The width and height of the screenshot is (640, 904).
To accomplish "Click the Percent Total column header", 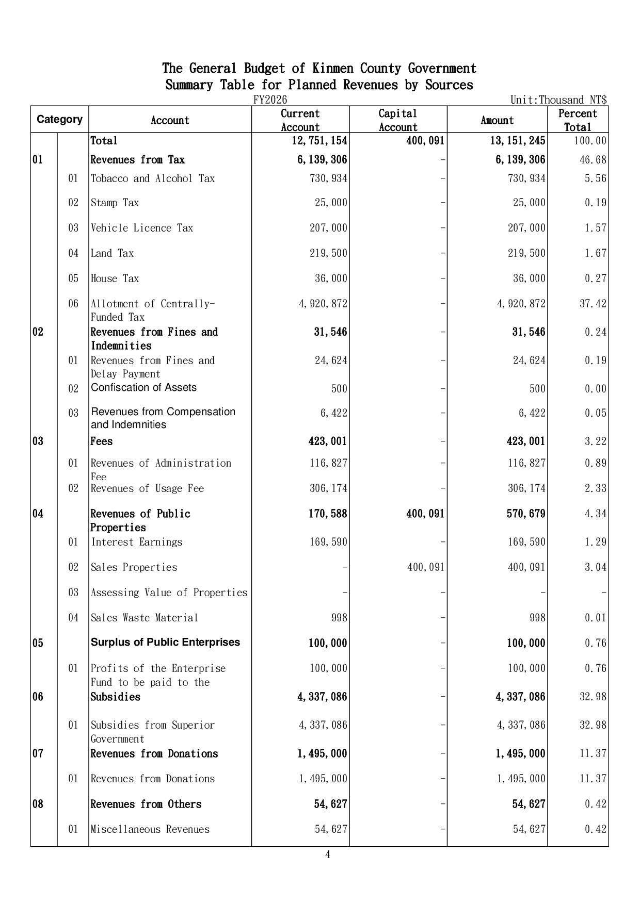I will [578, 120].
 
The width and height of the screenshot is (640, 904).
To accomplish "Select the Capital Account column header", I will [397, 120].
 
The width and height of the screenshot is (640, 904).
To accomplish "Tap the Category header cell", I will [59, 120].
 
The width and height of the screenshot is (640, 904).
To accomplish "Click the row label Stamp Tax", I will [115, 203].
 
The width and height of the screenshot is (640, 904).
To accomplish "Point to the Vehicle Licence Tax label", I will [142, 228].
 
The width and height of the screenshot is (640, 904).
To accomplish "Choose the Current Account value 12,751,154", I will [319, 141].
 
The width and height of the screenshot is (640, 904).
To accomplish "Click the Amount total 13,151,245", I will [518, 141].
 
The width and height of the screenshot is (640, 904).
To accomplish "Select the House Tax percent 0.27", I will [596, 278].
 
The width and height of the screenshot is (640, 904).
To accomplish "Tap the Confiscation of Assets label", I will [143, 388].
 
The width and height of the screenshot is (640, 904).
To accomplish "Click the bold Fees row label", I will [102, 441].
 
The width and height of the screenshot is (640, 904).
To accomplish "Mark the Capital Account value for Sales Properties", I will [426, 567].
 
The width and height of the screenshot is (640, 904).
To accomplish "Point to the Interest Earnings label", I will [137, 542].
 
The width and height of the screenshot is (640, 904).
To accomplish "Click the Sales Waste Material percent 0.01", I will [596, 618].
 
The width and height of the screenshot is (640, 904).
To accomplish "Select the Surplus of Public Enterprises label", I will [165, 643].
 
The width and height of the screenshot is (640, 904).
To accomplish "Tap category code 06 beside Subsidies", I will [38, 697].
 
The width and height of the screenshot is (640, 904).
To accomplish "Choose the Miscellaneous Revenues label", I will [150, 829].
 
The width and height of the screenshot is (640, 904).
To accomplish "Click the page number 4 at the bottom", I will [327, 854].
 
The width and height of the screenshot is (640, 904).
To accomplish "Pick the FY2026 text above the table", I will [270, 100].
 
